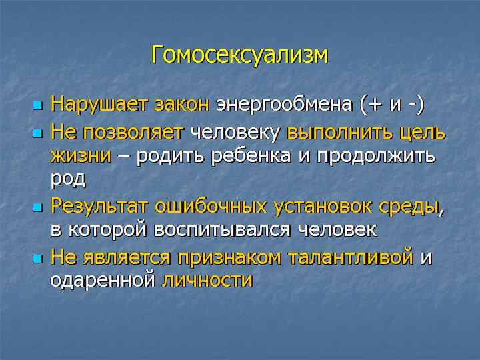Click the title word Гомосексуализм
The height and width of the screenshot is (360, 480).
(x=240, y=56)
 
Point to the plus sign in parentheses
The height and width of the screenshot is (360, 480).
(x=375, y=105)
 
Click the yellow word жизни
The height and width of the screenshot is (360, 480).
(x=81, y=155)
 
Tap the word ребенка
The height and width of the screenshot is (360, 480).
(x=251, y=155)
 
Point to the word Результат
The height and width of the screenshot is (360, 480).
(x=99, y=206)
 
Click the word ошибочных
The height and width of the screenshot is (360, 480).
(x=211, y=206)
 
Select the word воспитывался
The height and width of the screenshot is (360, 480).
(x=222, y=230)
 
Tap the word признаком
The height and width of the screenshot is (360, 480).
(x=229, y=258)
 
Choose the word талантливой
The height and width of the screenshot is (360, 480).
(x=351, y=257)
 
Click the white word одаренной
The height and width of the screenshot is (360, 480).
(x=103, y=280)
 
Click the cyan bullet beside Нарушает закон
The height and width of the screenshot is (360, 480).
(x=37, y=106)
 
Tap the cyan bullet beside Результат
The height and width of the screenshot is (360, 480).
(x=37, y=208)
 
